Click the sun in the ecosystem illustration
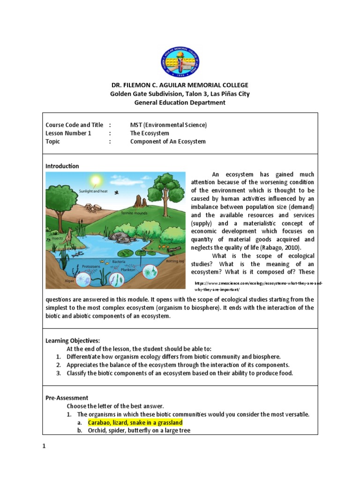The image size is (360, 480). click(96, 180)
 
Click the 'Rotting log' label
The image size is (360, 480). click(174, 261)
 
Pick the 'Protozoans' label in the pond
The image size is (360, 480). click(91, 266)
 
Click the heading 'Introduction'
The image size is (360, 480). click(62, 166)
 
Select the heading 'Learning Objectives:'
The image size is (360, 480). click(72, 340)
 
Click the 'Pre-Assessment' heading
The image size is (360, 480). click(67, 397)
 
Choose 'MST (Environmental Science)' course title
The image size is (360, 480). click(168, 125)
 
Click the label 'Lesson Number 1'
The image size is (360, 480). click(68, 133)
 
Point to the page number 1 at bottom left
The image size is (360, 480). click(45, 446)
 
